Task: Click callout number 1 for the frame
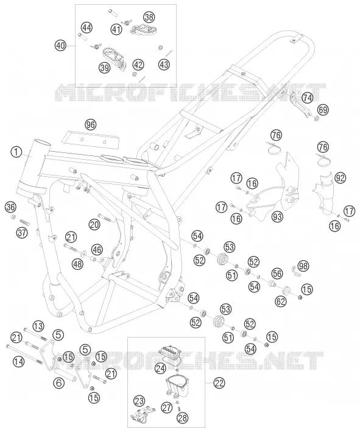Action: pos(16,152)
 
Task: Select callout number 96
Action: pos(90,125)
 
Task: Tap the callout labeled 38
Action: pos(149,17)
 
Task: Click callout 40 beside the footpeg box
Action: pos(60,45)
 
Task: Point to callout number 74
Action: pos(308,98)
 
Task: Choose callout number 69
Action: pos(323,110)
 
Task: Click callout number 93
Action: pos(277,217)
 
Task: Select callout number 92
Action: pos(341,179)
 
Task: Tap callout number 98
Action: pos(303,266)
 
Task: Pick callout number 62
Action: pos(281,302)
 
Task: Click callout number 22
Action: pos(219,383)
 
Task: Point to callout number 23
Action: pos(139,401)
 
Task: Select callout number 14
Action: pos(18,361)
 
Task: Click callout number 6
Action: pos(60,383)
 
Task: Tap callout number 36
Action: pos(11,207)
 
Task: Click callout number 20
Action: pos(94,225)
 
